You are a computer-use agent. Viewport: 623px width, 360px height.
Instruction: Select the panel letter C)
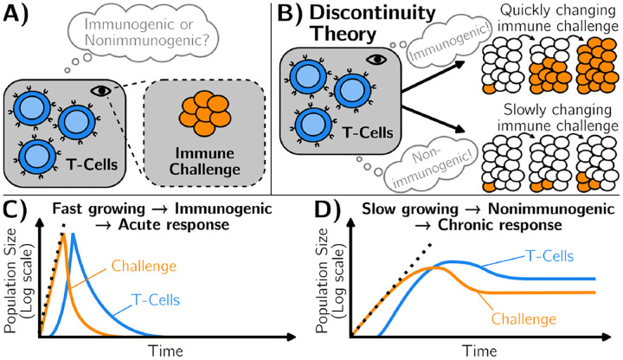[18, 210]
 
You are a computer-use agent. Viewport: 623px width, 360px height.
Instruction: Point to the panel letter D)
[343, 210]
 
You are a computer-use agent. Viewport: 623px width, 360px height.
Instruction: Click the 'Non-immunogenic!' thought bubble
[420, 162]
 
